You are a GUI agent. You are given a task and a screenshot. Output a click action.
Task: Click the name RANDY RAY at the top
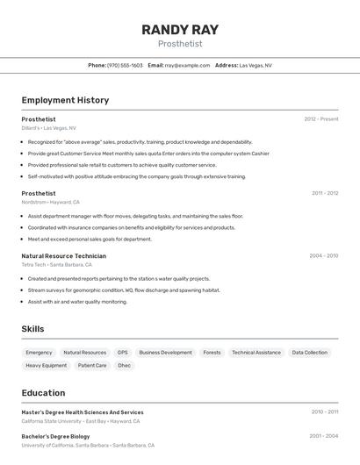pyautogui.click(x=180, y=30)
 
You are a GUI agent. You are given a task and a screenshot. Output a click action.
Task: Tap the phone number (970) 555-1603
pyautogui.click(x=125, y=65)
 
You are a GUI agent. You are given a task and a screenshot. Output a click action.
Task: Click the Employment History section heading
pyautogui.click(x=65, y=100)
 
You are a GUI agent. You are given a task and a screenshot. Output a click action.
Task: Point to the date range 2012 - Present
pyautogui.click(x=320, y=119)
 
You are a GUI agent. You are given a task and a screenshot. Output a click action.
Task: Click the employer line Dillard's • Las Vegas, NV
pyautogui.click(x=48, y=128)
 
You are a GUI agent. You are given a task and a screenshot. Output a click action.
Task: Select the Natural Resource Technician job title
pyautogui.click(x=63, y=256)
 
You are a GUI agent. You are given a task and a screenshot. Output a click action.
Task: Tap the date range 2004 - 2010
pyautogui.click(x=323, y=256)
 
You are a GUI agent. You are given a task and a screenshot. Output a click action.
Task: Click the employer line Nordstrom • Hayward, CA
pyautogui.click(x=50, y=202)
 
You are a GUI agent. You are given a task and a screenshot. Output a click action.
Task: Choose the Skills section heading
pyautogui.click(x=33, y=329)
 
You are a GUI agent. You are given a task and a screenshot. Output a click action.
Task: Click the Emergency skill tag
pyautogui.click(x=39, y=353)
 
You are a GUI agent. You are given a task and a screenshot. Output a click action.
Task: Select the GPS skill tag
pyautogui.click(x=122, y=353)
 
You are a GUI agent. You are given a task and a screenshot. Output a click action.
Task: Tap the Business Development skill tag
pyautogui.click(x=165, y=353)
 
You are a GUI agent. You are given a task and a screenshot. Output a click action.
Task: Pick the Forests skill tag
pyautogui.click(x=212, y=353)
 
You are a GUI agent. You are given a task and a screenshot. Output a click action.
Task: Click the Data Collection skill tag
pyautogui.click(x=309, y=353)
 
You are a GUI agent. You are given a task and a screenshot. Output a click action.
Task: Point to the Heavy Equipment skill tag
pyautogui.click(x=46, y=365)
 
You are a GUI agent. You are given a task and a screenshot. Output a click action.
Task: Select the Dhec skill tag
pyautogui.click(x=124, y=365)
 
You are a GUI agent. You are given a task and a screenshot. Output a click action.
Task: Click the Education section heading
pyautogui.click(x=43, y=393)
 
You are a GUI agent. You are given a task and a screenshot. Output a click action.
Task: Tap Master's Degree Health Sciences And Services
pyautogui.click(x=83, y=412)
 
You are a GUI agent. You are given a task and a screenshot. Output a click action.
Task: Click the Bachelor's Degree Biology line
pyautogui.click(x=55, y=436)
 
